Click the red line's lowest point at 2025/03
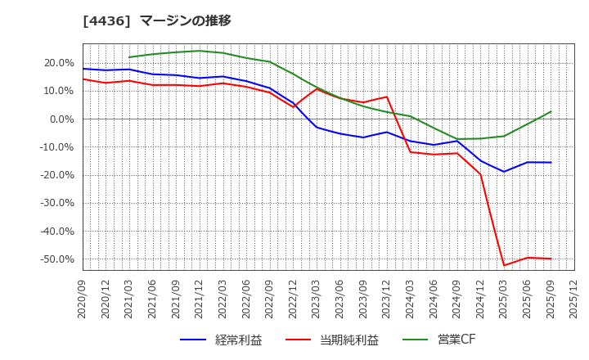pyautogui.click(x=504, y=265)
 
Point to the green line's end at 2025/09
pyautogui.click(x=551, y=112)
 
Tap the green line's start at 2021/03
pyautogui.click(x=129, y=57)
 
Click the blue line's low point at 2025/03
pyautogui.click(x=504, y=172)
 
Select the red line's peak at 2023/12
pyautogui.click(x=387, y=97)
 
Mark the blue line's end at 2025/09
pyautogui.click(x=551, y=162)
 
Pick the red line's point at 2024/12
pyautogui.click(x=480, y=174)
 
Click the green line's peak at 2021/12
pyautogui.click(x=200, y=51)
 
